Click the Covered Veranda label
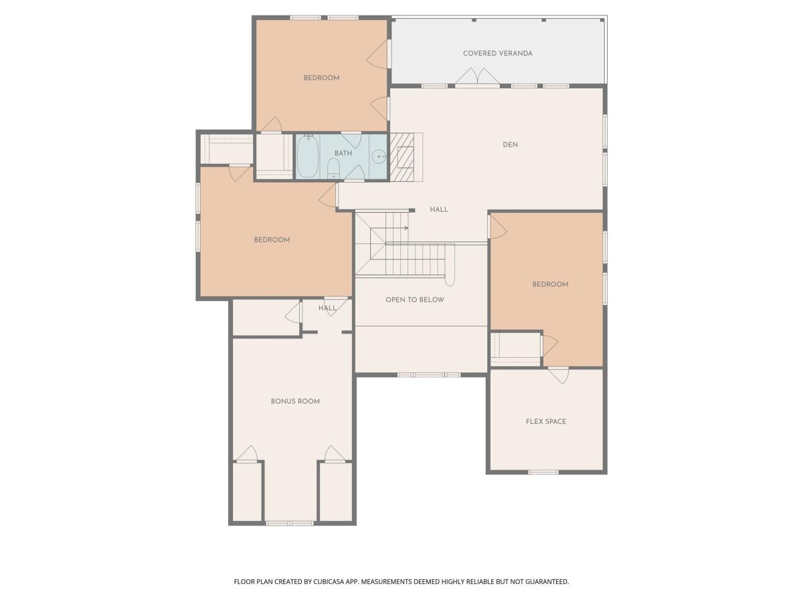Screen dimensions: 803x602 point(498,54)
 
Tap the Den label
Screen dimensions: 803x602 point(510,144)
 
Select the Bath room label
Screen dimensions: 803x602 point(343,153)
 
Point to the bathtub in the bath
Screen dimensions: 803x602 point(307,157)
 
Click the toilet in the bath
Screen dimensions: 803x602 point(333,169)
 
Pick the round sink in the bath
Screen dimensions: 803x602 point(379,157)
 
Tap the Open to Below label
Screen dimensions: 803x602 point(414,300)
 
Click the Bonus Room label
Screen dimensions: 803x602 point(295,401)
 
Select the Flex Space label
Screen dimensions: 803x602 point(546,421)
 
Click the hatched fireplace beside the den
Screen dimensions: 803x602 point(401,157)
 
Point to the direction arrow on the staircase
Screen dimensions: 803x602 point(406,228)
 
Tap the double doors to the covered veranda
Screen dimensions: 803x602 point(477,77)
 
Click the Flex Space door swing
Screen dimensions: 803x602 point(559,376)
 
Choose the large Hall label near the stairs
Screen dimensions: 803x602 point(438,210)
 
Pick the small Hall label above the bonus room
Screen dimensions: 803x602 point(327,308)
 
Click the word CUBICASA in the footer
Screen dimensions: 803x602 point(329,581)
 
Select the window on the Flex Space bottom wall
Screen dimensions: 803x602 point(543,472)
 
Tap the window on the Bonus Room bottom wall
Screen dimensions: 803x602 point(290,524)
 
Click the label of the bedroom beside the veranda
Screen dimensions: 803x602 point(322,78)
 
